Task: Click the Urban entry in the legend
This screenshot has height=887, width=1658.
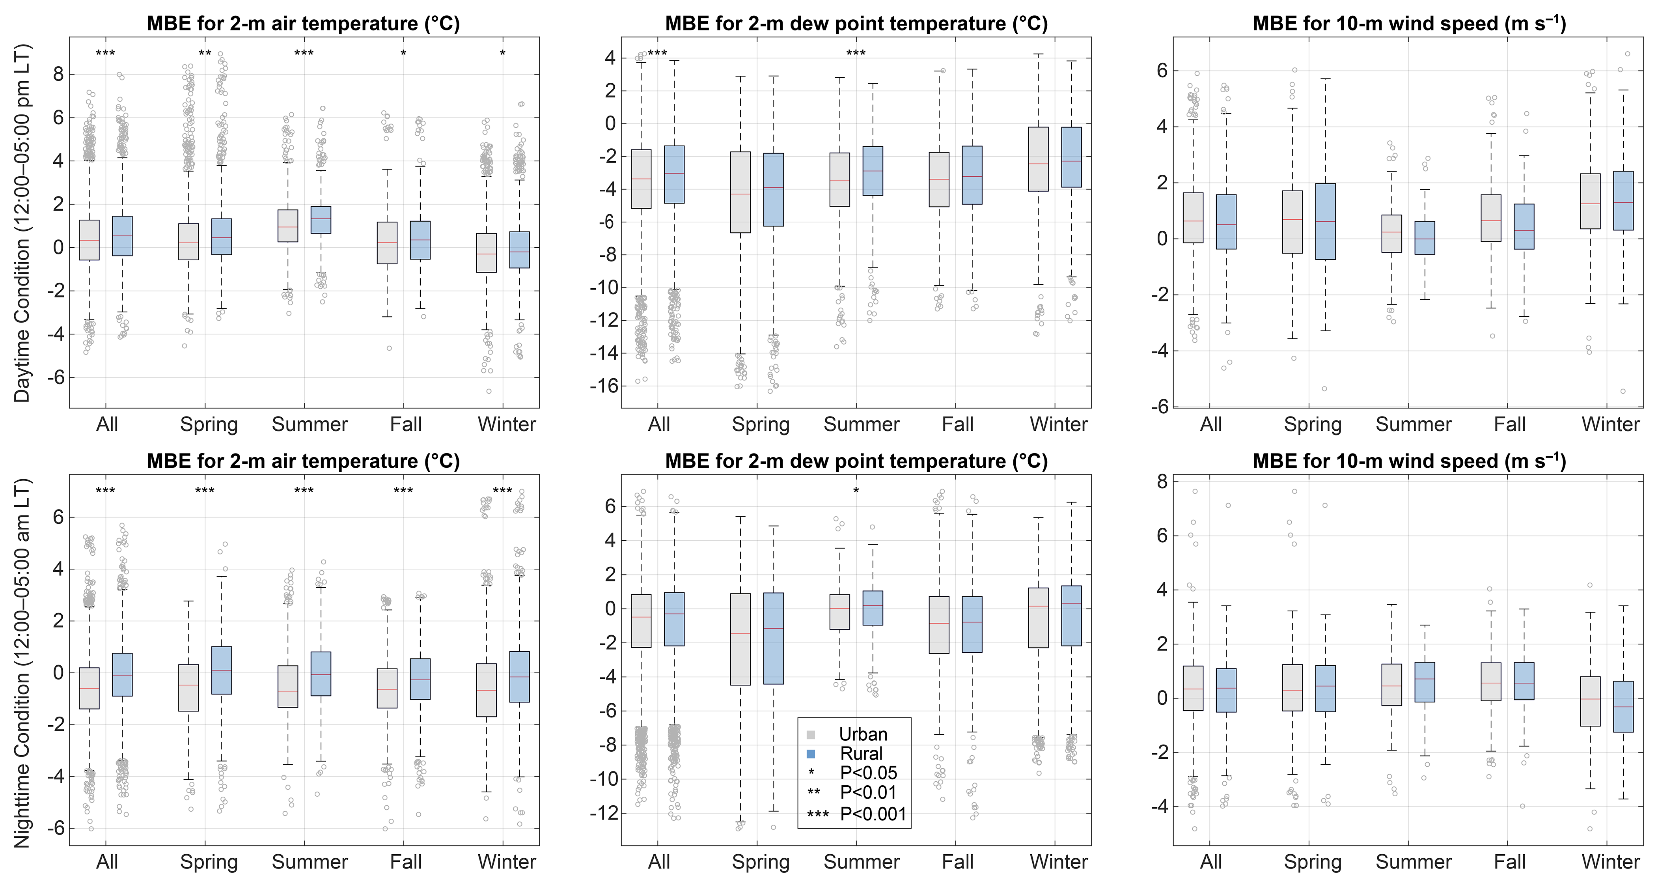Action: (862, 734)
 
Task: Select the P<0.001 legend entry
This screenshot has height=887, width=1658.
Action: (873, 814)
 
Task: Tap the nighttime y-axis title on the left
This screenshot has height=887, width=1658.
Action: (22, 663)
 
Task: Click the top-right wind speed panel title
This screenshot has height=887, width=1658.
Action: (1409, 24)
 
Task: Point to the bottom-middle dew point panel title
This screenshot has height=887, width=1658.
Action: (856, 461)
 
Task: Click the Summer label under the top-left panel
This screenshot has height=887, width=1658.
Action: (310, 425)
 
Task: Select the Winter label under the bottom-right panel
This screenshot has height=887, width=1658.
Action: (1610, 862)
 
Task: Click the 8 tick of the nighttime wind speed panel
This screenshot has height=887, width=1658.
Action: (1162, 482)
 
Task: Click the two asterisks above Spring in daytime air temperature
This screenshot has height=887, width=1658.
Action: (205, 53)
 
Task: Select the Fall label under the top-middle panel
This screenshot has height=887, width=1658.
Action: (957, 425)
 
